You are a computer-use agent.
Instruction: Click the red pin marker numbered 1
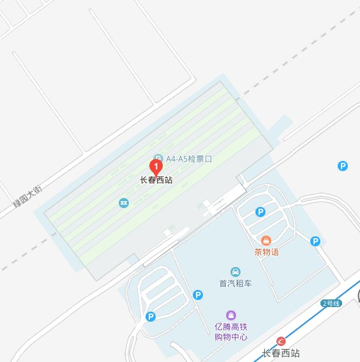[154, 166]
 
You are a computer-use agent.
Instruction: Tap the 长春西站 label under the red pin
[156, 180]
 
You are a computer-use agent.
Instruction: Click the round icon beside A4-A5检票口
[158, 158]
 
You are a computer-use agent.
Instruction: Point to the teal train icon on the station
[123, 203]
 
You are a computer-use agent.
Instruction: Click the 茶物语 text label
[266, 252]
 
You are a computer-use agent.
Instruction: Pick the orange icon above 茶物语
[266, 240]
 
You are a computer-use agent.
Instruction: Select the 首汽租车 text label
[236, 283]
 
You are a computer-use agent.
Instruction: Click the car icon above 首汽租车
[236, 271]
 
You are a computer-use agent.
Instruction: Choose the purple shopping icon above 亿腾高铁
[230, 315]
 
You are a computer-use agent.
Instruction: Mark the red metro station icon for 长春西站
[281, 341]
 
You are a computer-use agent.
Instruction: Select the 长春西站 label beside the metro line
[281, 353]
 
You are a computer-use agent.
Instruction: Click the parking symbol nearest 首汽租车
[198, 294]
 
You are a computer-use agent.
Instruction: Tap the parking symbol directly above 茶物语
[260, 212]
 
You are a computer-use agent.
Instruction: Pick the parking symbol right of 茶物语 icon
[315, 241]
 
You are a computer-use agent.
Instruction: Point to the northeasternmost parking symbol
[343, 166]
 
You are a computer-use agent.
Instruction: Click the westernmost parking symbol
[151, 316]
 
